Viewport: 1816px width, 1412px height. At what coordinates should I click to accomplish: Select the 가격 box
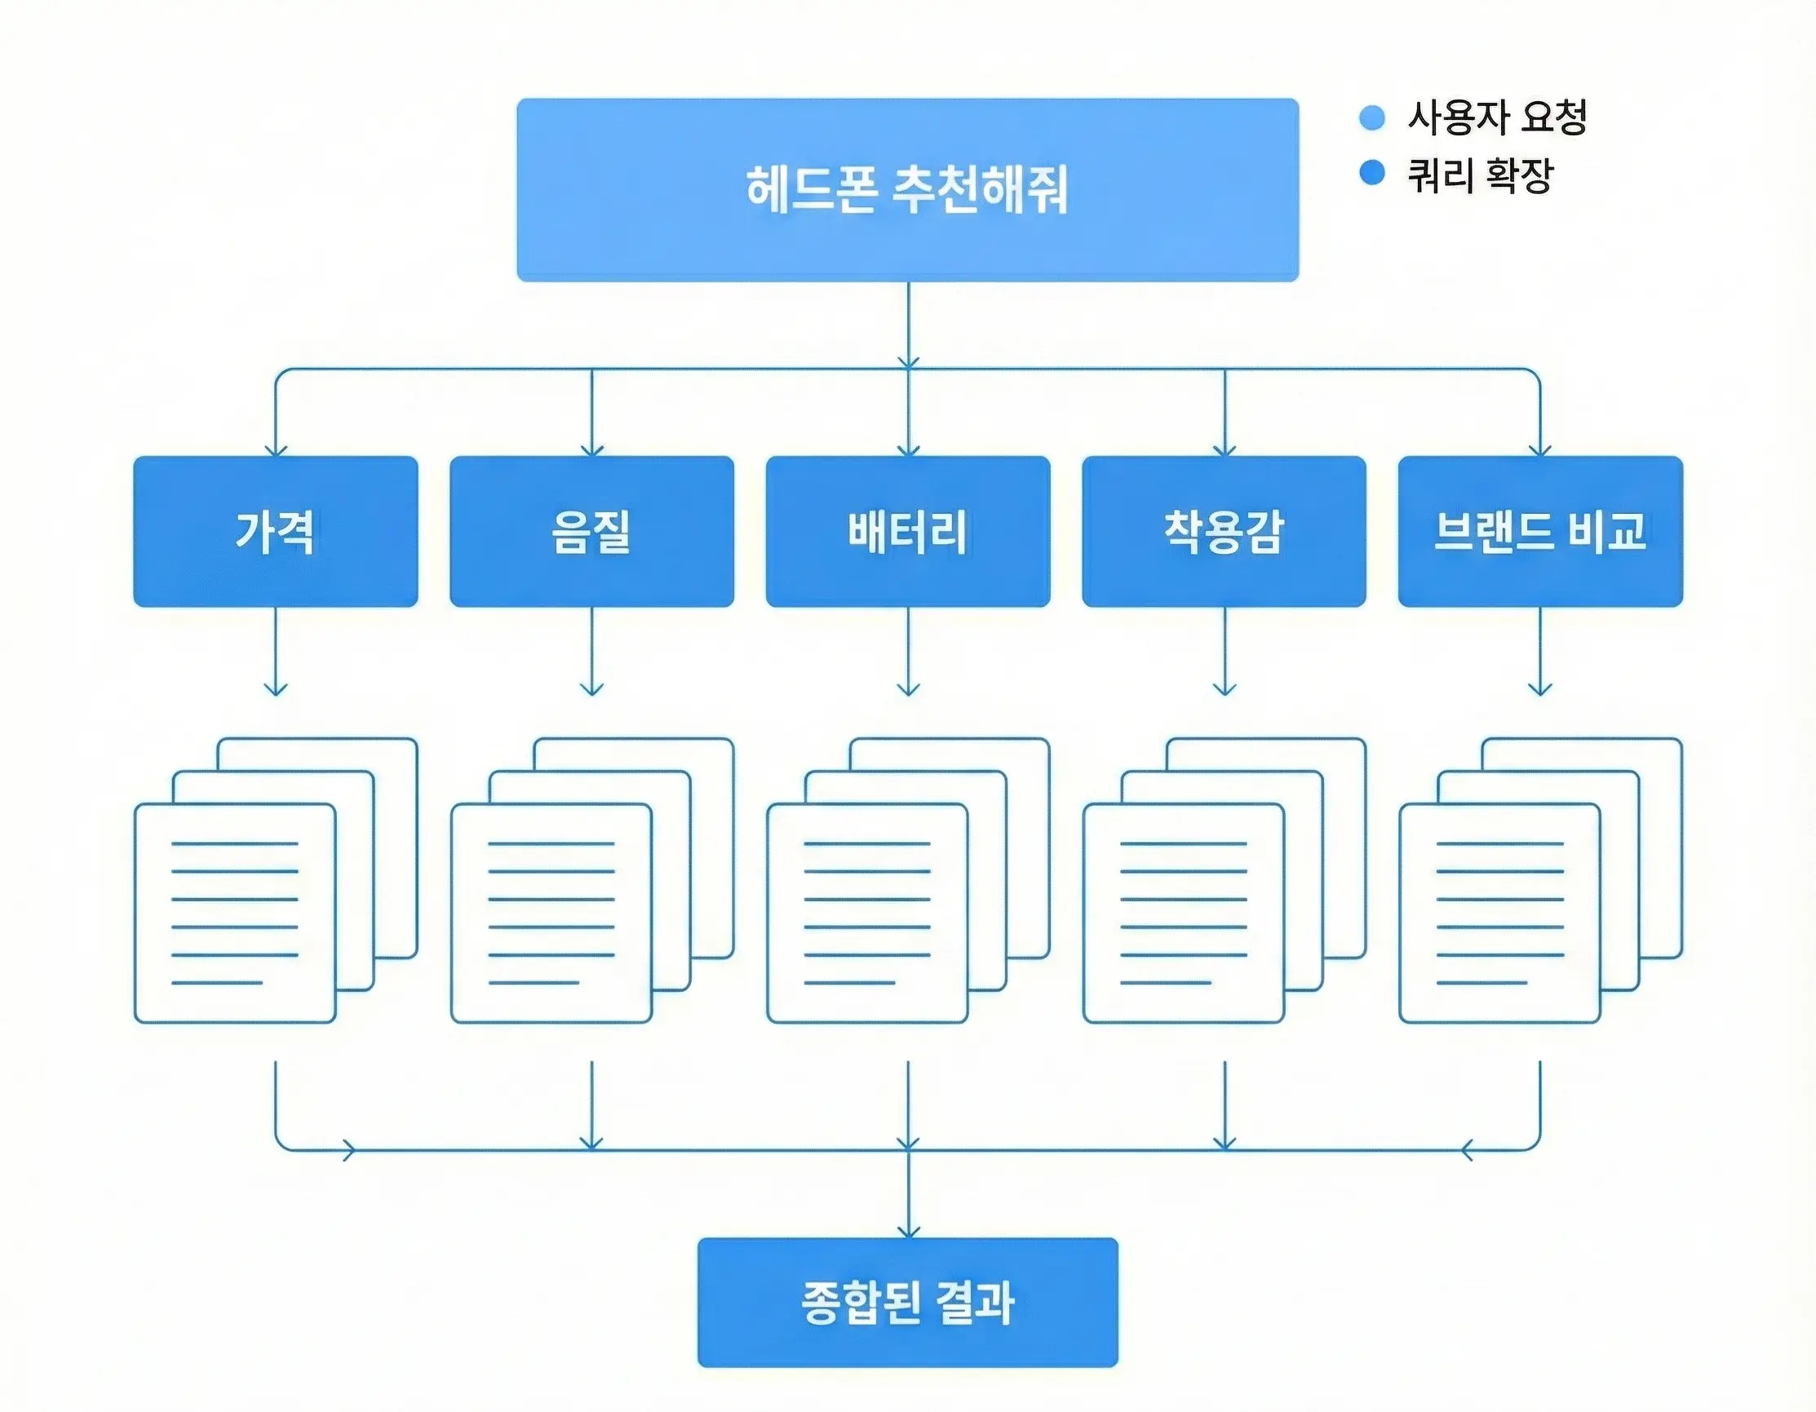(x=275, y=531)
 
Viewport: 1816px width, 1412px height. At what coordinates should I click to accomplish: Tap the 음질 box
(x=591, y=531)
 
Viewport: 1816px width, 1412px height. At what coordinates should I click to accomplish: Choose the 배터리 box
(x=907, y=531)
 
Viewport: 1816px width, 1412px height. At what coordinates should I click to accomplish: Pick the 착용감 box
(x=1223, y=531)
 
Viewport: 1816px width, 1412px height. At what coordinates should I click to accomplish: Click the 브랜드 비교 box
(x=1540, y=531)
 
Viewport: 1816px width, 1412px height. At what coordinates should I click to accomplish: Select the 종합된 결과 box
(x=907, y=1302)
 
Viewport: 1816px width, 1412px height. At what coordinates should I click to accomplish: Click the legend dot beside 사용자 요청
(x=1372, y=117)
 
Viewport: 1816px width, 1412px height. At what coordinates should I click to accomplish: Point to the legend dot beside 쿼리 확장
(x=1372, y=173)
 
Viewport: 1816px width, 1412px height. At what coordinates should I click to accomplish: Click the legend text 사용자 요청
(x=1497, y=117)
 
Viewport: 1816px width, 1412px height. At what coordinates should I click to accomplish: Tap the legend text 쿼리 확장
(x=1480, y=175)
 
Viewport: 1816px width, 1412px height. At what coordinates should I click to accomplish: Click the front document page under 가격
(x=234, y=913)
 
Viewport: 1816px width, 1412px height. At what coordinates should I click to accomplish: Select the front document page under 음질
(x=551, y=913)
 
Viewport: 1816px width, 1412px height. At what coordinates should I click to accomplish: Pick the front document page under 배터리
(x=867, y=913)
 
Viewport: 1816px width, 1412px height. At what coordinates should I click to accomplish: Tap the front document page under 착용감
(x=1183, y=913)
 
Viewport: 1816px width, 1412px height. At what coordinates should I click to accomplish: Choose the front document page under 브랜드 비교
(x=1499, y=913)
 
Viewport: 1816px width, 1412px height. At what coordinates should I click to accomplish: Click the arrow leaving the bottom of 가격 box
(x=275, y=653)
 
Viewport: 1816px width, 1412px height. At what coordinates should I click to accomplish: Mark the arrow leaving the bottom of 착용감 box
(x=1224, y=653)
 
